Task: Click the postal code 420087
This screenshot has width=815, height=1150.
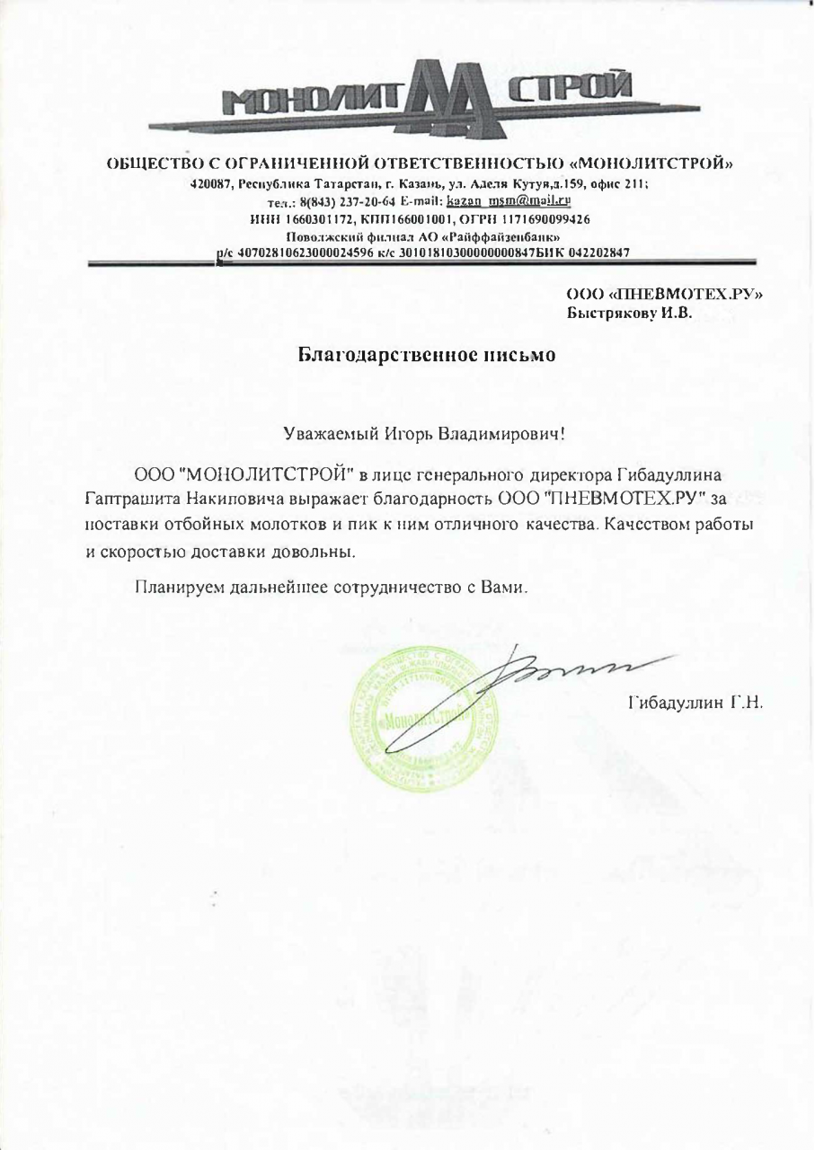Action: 211,183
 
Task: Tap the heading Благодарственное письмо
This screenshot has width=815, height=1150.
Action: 427,354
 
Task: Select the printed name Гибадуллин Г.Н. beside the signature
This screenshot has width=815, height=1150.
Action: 694,702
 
